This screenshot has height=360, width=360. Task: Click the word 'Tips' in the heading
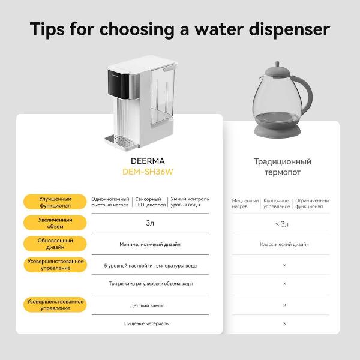[x=47, y=29]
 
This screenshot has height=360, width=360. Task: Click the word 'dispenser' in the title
[x=290, y=29]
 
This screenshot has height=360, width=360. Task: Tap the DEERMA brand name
[x=148, y=161]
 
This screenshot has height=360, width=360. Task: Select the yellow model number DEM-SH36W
[x=148, y=172]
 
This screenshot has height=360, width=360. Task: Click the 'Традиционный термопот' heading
[x=283, y=167]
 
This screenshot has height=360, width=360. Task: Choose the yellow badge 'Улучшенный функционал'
[x=55, y=202]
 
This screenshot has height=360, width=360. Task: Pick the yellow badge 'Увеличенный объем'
[x=55, y=223]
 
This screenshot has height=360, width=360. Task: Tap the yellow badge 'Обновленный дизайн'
[x=55, y=244]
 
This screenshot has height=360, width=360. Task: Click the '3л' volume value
[x=150, y=223]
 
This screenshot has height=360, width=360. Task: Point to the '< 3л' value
[x=282, y=224]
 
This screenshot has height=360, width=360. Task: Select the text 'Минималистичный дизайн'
[x=150, y=244]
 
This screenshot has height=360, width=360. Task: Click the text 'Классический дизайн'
[x=284, y=244]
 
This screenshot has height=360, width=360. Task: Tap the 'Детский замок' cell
[x=147, y=305]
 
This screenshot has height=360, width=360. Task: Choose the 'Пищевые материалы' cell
[x=147, y=323]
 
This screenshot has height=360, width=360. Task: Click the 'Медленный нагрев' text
[x=245, y=203]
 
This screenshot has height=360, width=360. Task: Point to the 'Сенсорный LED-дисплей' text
[x=151, y=202]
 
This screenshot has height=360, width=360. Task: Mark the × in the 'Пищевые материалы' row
[x=284, y=323]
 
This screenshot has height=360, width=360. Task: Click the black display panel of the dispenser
[x=118, y=84]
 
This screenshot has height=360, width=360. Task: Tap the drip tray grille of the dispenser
[x=121, y=140]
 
